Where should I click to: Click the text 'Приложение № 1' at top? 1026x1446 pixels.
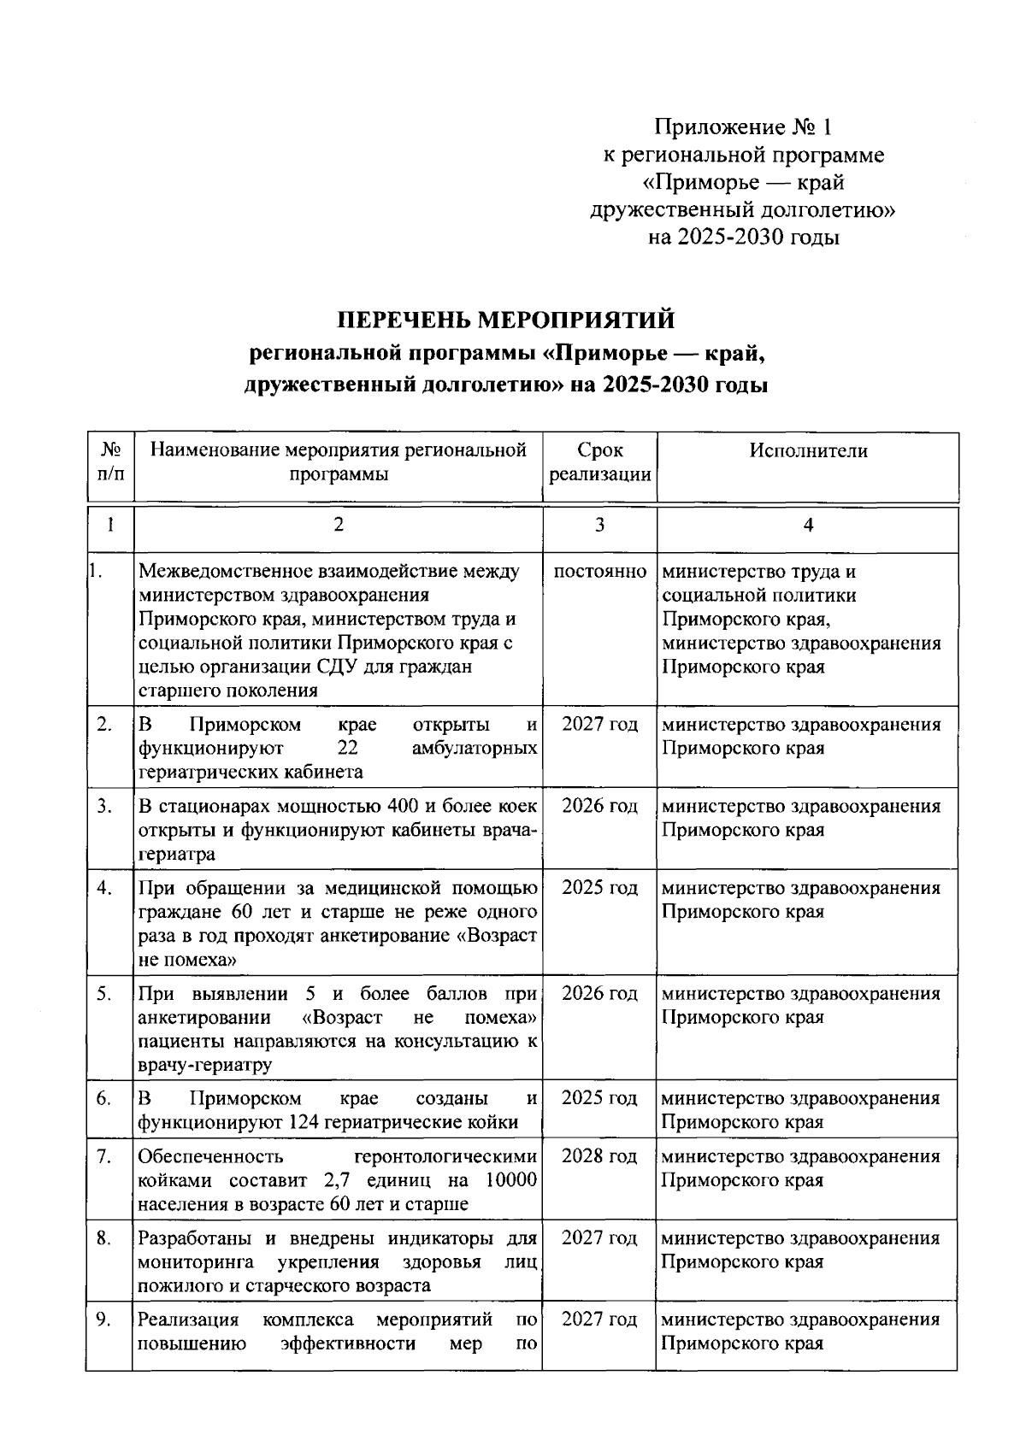tap(742, 128)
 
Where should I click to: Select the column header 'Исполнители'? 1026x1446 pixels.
tap(808, 450)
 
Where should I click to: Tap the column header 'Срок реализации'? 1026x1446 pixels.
tap(599, 462)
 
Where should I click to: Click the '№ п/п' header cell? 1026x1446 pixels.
tap(110, 462)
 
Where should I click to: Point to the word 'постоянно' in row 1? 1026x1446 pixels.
tap(599, 571)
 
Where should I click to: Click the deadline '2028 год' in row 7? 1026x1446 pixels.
tap(599, 1156)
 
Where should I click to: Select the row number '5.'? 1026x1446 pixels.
tap(103, 994)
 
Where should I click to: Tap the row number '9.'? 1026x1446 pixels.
tap(103, 1320)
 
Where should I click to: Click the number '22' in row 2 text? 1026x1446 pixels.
tap(346, 749)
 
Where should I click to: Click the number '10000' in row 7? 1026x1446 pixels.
tap(510, 1180)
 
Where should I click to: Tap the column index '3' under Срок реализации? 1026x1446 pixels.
tap(599, 526)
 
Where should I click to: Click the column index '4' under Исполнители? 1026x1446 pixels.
tap(808, 526)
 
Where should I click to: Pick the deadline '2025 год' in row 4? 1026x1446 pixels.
tap(599, 888)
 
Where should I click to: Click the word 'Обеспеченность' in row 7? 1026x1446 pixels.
tap(209, 1156)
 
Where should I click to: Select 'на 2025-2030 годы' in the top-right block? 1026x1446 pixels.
tap(742, 238)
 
